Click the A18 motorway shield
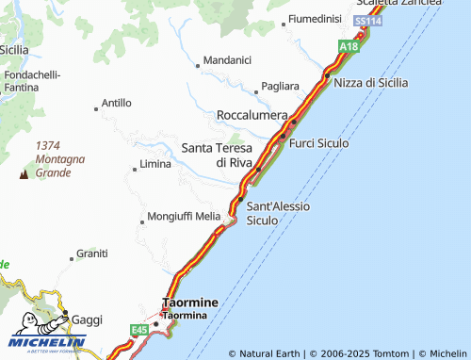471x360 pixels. pos(349,45)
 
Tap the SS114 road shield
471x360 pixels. pos(367,20)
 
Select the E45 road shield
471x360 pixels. pos(140,328)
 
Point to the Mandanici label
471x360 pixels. pos(227,60)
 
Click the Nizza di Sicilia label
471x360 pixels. pos(371,82)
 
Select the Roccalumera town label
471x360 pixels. pos(252,114)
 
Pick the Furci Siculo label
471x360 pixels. pos(319,143)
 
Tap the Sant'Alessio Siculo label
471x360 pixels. pos(278,213)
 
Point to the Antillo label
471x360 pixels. pos(116,103)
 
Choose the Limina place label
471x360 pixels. pos(155,164)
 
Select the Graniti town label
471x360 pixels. pos(92,254)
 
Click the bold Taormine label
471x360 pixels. pos(190,303)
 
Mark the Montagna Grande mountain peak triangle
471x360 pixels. pos(23,174)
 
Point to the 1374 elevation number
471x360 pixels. pos(48,145)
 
